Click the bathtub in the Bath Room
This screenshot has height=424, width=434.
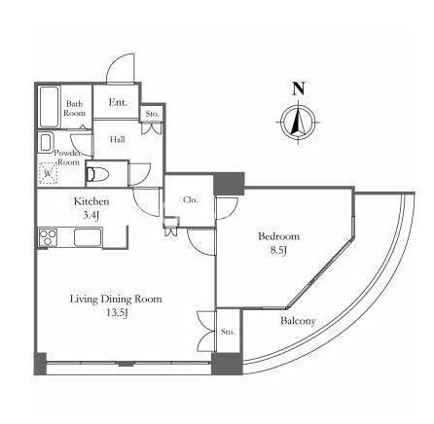click(x=50, y=107)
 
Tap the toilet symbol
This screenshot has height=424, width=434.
click(x=97, y=174)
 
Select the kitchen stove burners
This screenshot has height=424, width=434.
click(x=48, y=237)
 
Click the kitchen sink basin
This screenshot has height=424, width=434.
click(x=89, y=237)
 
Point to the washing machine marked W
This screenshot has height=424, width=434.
click(x=48, y=173)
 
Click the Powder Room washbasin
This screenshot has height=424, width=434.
click(x=46, y=142)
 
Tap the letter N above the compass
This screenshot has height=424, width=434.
click(x=299, y=88)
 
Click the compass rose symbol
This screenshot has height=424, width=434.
click(x=299, y=123)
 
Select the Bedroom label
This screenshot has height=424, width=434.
click(x=278, y=236)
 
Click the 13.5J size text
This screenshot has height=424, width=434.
click(x=116, y=313)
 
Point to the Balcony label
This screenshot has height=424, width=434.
click(x=298, y=321)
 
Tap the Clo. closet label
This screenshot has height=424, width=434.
click(x=190, y=200)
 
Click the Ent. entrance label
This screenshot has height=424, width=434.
click(x=118, y=102)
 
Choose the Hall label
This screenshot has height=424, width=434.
click(x=118, y=140)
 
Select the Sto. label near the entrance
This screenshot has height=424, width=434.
click(x=152, y=114)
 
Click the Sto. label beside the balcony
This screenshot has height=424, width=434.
click(x=228, y=333)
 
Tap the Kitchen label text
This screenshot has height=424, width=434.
click(x=91, y=201)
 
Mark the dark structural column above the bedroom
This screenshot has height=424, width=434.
click(x=229, y=184)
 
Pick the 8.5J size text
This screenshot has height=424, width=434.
click(x=278, y=251)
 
